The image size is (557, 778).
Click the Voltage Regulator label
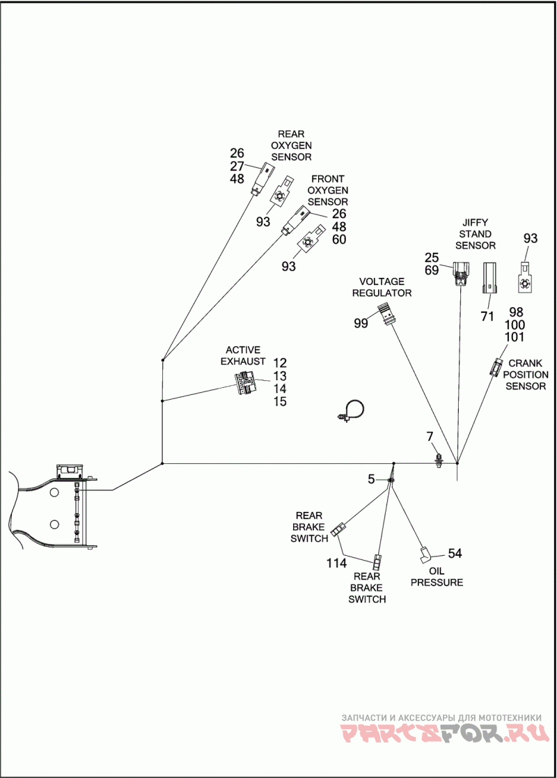(382, 287)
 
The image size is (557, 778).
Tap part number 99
(361, 323)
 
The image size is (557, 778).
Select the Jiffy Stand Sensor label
(475, 234)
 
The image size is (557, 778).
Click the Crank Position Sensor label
(526, 375)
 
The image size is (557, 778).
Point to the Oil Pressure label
(437, 577)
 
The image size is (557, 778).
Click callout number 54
(455, 553)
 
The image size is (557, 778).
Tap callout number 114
(336, 563)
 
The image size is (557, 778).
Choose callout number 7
(430, 437)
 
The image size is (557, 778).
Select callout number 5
(371, 479)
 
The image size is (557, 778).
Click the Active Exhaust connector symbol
(245, 382)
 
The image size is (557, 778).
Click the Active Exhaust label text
(243, 356)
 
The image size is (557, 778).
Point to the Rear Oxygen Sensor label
(291, 146)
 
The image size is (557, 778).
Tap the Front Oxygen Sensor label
(327, 190)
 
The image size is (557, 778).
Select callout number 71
(487, 316)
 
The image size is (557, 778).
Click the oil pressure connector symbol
(425, 554)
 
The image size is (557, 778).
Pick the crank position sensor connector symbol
(496, 366)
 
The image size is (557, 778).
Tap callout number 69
(432, 270)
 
